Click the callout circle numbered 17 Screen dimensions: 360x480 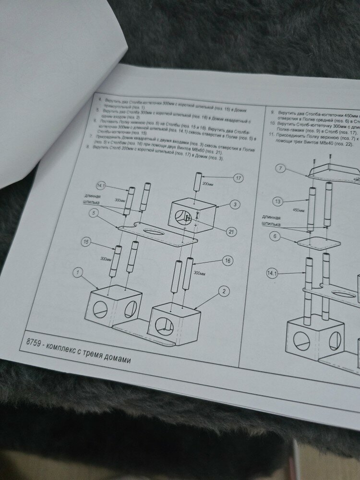pos(238,178)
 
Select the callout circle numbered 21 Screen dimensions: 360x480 pos(231,232)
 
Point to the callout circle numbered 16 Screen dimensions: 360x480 pos(228,261)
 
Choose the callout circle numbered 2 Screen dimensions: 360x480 pos(222,291)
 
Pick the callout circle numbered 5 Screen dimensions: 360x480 pos(95,212)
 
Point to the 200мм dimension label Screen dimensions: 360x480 pos(208,183)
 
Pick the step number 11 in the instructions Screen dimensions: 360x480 pos(271,135)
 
